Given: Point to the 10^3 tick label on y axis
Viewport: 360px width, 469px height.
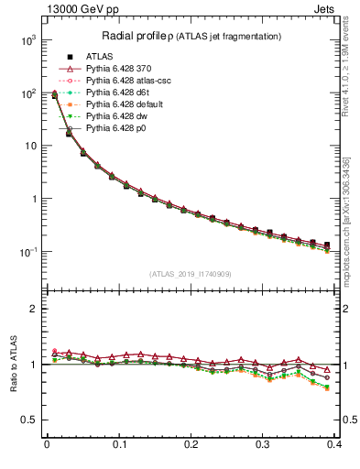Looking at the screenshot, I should point(28,41).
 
